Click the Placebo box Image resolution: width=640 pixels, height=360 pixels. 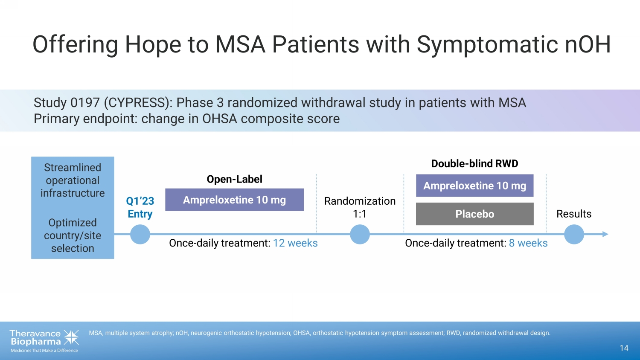pos(474,214)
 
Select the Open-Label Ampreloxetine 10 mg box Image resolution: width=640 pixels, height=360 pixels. pos(234,200)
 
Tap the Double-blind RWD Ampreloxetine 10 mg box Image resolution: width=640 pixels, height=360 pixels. pos(474,186)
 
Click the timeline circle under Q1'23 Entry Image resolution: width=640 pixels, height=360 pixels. pos(140,234)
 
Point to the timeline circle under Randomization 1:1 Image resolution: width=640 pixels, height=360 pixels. pos(360,234)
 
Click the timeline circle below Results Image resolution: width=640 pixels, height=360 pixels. pos(574,234)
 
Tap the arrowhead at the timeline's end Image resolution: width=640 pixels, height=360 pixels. pos(605,234)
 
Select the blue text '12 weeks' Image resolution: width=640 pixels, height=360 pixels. pos(295,243)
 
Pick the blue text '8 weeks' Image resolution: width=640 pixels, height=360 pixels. pos(528,243)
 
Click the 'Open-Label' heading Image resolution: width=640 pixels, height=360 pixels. pos(234,179)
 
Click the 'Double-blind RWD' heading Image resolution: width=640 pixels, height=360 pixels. pos(474,164)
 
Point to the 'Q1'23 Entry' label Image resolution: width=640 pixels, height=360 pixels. pos(140,207)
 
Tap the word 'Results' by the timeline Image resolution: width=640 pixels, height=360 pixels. pos(574,214)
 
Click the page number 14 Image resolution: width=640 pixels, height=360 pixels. pos(624,348)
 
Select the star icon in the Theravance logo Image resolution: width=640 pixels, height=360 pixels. pos(71,337)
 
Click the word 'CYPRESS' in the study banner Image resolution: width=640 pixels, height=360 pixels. pos(137,102)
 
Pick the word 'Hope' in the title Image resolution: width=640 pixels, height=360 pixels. pos(153,44)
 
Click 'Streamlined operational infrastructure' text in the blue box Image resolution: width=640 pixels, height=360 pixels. pos(73,180)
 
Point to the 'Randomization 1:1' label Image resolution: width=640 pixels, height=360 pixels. pos(360,207)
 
